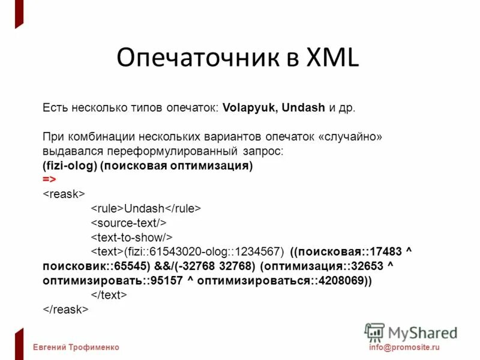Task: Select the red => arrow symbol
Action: pyautogui.click(x=49, y=179)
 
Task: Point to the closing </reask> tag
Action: pyautogui.click(x=66, y=309)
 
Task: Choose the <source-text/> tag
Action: pyautogui.click(x=128, y=223)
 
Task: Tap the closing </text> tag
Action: pyautogui.click(x=109, y=295)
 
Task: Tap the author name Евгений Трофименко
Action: pyautogui.click(x=76, y=347)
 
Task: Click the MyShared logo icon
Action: pyautogui.click(x=374, y=332)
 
